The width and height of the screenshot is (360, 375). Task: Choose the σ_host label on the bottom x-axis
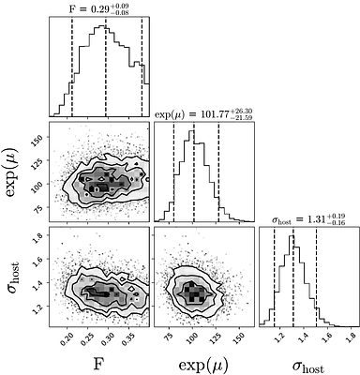[x=307, y=363]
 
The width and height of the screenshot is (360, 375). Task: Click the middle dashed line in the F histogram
[x=105, y=66]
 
